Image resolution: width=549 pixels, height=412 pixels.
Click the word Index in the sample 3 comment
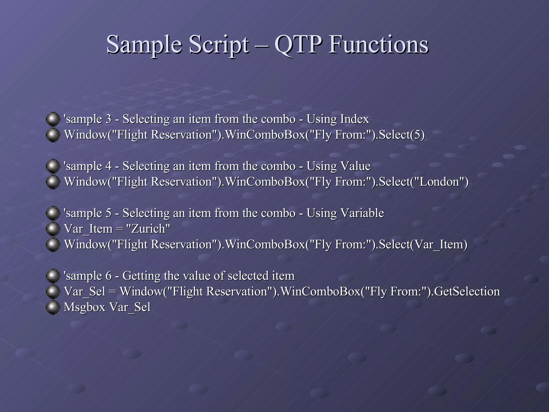[x=354, y=119]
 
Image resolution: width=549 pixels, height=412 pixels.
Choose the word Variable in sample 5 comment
[x=362, y=213]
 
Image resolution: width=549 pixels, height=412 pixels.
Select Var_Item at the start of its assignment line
[x=88, y=229]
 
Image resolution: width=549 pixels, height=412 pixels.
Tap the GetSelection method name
[x=467, y=292]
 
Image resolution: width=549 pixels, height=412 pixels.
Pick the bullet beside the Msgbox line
[x=53, y=307]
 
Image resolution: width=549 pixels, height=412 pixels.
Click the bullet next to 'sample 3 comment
[x=53, y=119]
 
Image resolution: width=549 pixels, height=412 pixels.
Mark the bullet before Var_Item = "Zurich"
[x=53, y=229]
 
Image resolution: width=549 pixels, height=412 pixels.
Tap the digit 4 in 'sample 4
[x=108, y=166]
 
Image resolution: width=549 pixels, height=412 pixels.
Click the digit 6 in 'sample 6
[x=108, y=276]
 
